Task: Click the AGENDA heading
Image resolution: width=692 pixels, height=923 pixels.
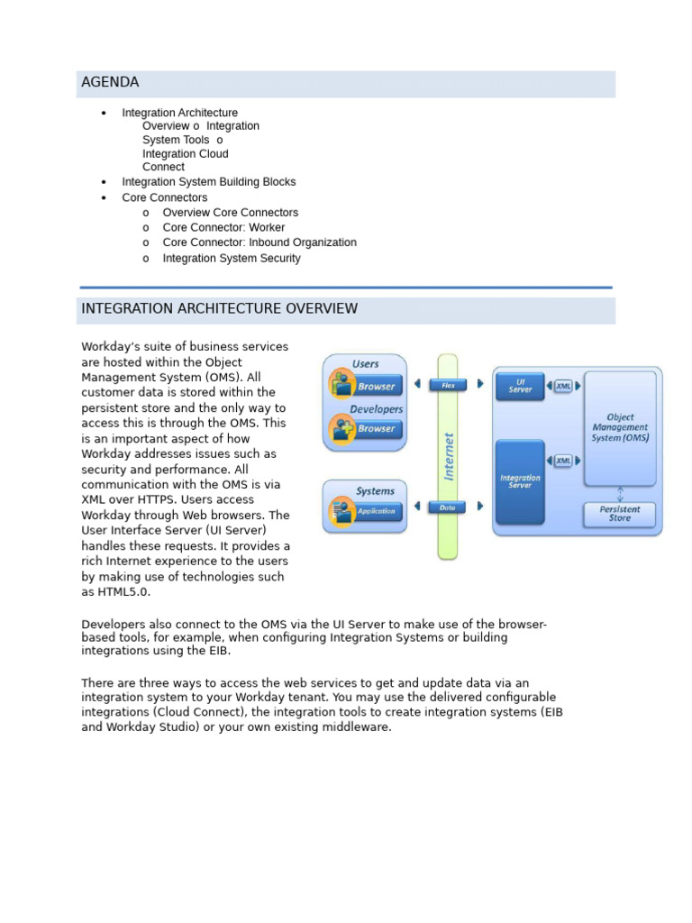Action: pyautogui.click(x=110, y=83)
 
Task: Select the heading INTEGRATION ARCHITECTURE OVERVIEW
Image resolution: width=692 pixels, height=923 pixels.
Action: pyautogui.click(x=219, y=309)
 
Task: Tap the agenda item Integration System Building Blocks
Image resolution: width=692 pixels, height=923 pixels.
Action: pyautogui.click(x=208, y=182)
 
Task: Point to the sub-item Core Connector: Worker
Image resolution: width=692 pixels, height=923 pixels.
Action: pyautogui.click(x=223, y=228)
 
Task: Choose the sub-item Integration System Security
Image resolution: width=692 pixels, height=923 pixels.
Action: pyautogui.click(x=232, y=259)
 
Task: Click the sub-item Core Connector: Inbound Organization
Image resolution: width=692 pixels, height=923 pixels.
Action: pyautogui.click(x=259, y=243)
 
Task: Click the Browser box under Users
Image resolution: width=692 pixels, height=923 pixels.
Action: pyautogui.click(x=375, y=387)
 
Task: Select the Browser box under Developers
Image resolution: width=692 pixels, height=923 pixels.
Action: pyautogui.click(x=375, y=429)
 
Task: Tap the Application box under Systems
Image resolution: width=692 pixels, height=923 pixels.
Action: pyautogui.click(x=375, y=511)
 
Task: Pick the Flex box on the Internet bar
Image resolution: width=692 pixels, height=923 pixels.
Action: pyautogui.click(x=448, y=385)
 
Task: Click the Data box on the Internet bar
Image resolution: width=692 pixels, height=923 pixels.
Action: pyautogui.click(x=448, y=507)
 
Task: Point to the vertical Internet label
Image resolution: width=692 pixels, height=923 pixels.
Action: pyautogui.click(x=449, y=455)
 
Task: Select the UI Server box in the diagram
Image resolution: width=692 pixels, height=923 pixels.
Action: pyautogui.click(x=520, y=386)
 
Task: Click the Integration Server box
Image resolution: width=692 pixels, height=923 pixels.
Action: pyautogui.click(x=520, y=481)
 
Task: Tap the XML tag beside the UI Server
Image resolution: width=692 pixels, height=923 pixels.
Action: pyautogui.click(x=563, y=386)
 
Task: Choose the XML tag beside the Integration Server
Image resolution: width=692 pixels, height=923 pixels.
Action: pyautogui.click(x=563, y=461)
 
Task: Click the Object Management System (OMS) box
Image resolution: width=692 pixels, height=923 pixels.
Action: pyautogui.click(x=620, y=428)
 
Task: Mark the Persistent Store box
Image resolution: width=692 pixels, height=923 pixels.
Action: pyautogui.click(x=620, y=514)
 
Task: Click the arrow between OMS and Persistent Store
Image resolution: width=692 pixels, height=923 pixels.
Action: pyautogui.click(x=620, y=494)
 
